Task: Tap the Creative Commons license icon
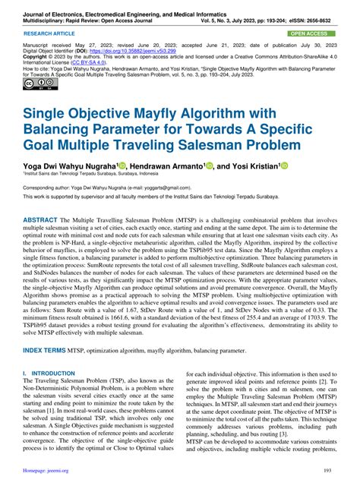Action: coord(35,84)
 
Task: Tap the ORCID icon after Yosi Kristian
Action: coord(306,165)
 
